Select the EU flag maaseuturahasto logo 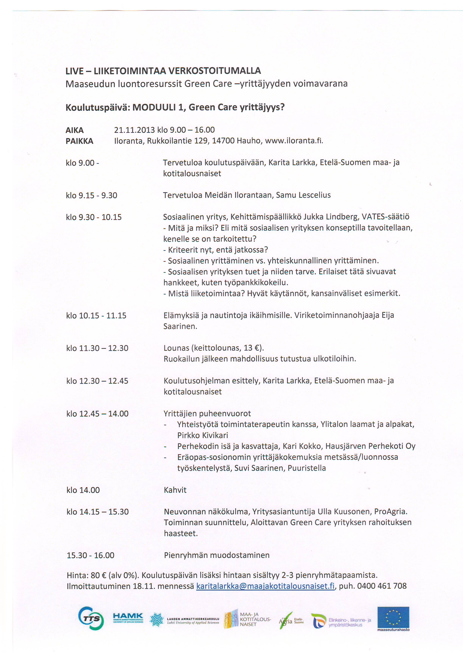(393, 618)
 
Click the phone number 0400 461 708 (382, 586)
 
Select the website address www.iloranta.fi (294, 141)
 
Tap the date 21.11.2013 (134, 130)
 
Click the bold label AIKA (75, 130)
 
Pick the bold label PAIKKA (79, 141)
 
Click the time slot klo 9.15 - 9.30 (91, 195)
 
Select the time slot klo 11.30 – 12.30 (97, 348)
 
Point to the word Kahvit (175, 490)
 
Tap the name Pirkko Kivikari (202, 435)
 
